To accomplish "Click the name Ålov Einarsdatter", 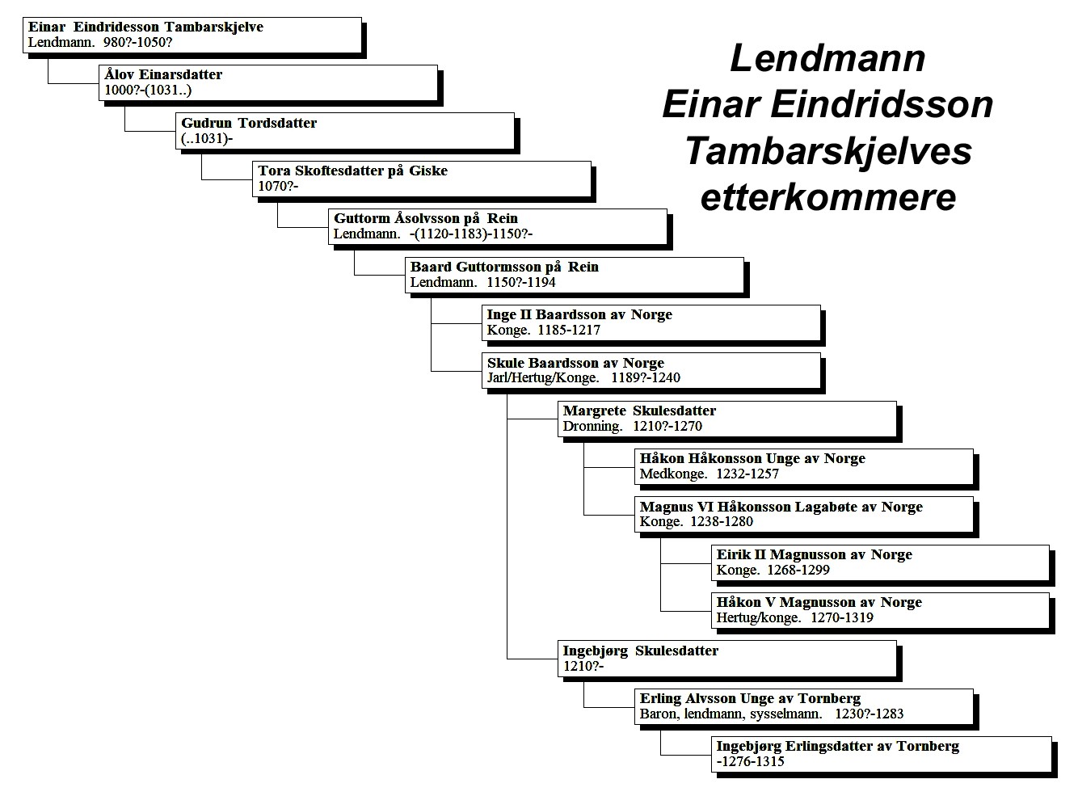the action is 163,74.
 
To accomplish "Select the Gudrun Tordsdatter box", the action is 345,131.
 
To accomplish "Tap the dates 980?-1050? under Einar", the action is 137,42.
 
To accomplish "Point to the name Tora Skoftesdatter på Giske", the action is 353,171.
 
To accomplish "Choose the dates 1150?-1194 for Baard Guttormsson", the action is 521,283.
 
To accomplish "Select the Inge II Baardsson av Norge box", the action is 651,323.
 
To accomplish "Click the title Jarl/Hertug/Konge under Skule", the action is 543,378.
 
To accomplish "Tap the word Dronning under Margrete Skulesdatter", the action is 592,427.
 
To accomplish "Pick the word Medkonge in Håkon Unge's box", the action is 673,474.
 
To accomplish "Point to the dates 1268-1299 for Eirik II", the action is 798,570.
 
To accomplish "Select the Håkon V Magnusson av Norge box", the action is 880,611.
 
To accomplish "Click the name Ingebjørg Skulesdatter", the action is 641,651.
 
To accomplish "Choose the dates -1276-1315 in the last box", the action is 751,761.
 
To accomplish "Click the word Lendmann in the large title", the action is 827,58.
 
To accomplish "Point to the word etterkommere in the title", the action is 828,197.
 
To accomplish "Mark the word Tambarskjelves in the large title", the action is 828,152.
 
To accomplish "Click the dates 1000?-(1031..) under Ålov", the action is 148,90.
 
